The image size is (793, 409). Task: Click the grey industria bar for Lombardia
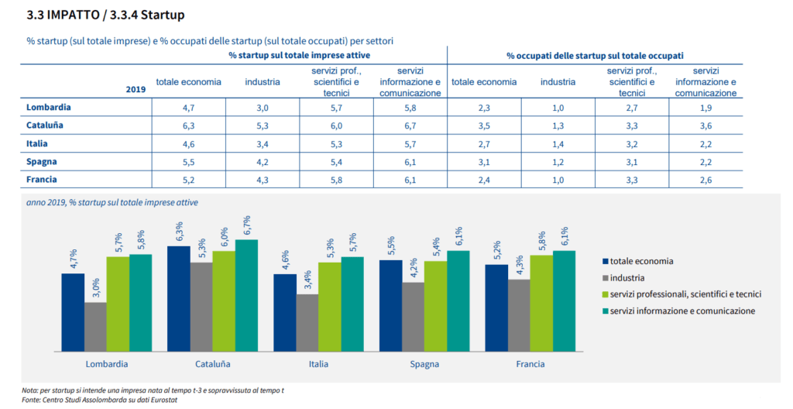[x=95, y=325]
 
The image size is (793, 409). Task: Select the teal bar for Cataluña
[x=246, y=294]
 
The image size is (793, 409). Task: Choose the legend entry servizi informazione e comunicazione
[x=681, y=311]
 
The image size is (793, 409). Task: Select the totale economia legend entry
[x=642, y=261]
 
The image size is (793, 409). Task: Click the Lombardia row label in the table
[x=49, y=107]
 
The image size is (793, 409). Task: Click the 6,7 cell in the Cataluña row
[x=410, y=125]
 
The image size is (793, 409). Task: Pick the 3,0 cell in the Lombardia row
[x=263, y=108]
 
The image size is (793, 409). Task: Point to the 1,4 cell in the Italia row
[x=558, y=144]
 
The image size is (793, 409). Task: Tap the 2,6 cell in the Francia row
[x=705, y=180]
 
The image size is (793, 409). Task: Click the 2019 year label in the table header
[x=136, y=90]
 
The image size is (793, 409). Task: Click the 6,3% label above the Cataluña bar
[x=180, y=232]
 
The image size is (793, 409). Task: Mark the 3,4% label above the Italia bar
[x=307, y=280]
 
